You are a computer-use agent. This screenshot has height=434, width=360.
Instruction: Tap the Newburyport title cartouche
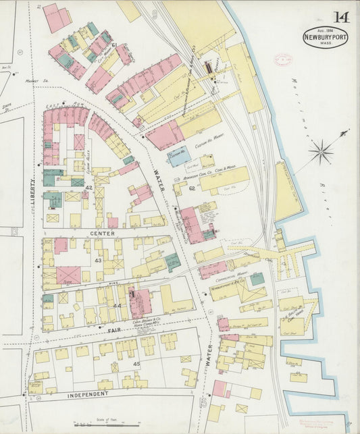click(326, 37)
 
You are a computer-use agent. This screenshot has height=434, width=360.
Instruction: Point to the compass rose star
click(321, 151)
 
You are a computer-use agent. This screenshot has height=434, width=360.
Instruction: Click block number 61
click(114, 45)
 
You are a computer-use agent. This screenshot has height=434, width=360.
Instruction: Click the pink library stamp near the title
click(281, 60)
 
